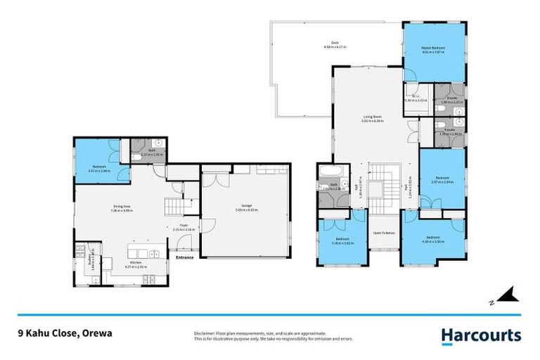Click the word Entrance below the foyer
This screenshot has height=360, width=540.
click(x=185, y=257)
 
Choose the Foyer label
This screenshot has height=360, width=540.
click(x=183, y=225)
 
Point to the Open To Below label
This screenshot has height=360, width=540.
click(x=383, y=232)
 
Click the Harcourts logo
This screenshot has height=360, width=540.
click(x=481, y=336)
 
